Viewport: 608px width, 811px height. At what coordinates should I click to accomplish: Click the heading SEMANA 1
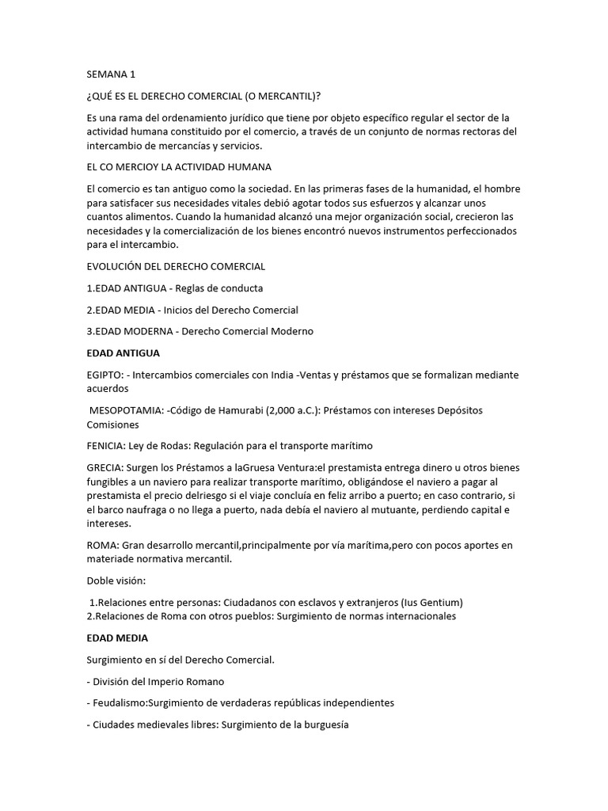[111, 75]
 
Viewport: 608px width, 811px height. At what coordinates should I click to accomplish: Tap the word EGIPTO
[107, 374]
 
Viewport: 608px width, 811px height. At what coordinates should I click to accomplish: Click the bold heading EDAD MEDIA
[117, 638]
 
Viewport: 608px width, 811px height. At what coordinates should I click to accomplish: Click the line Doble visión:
[116, 581]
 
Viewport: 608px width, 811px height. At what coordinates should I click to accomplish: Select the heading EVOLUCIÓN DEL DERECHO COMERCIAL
[176, 266]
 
